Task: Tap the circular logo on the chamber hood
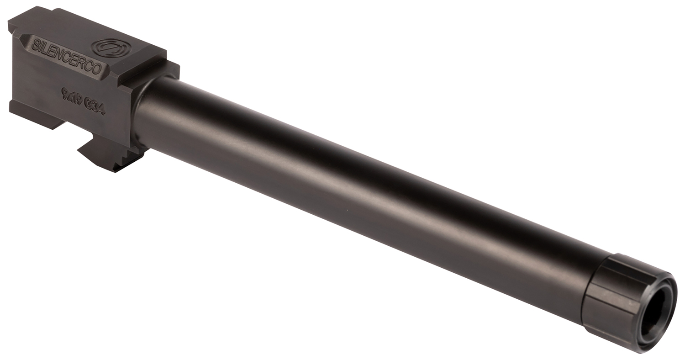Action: point(111,48)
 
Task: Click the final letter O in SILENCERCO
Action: point(97,70)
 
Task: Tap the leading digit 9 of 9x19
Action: point(64,94)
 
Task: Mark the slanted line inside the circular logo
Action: point(111,48)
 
